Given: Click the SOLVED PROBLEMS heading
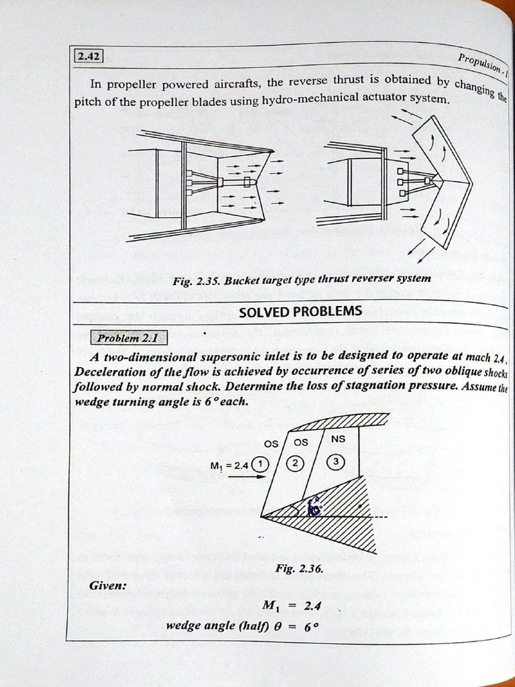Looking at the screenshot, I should click(x=300, y=311).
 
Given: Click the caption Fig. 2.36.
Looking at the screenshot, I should click(x=299, y=568).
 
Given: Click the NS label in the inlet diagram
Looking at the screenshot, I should click(x=339, y=439).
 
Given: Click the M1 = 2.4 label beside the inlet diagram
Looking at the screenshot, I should click(x=229, y=465).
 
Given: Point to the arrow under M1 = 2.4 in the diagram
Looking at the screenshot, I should click(x=246, y=477).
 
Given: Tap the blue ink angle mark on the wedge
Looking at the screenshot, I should click(x=313, y=508).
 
